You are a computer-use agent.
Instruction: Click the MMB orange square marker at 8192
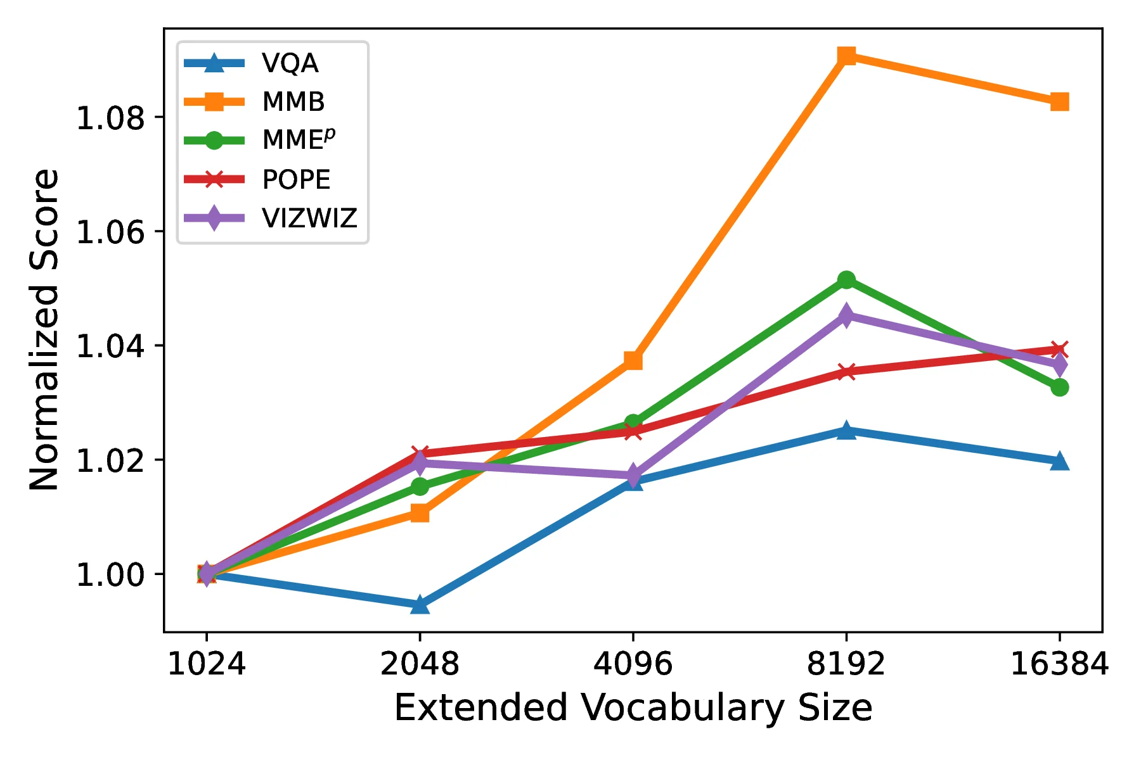pyautogui.click(x=846, y=56)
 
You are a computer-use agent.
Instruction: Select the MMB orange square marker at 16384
pyautogui.click(x=1059, y=101)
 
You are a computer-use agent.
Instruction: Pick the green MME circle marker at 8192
pyautogui.click(x=846, y=279)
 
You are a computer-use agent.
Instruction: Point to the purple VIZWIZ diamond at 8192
pyautogui.click(x=846, y=315)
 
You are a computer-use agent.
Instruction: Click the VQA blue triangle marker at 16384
pyautogui.click(x=1059, y=462)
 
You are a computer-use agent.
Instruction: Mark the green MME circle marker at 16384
pyautogui.click(x=1059, y=387)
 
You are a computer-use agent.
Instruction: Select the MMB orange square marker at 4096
pyautogui.click(x=633, y=360)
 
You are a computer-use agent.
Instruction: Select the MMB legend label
pyautogui.click(x=293, y=102)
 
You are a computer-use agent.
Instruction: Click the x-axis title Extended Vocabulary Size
pyautogui.click(x=633, y=708)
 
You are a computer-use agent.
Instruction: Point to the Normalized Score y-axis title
pyautogui.click(x=44, y=329)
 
